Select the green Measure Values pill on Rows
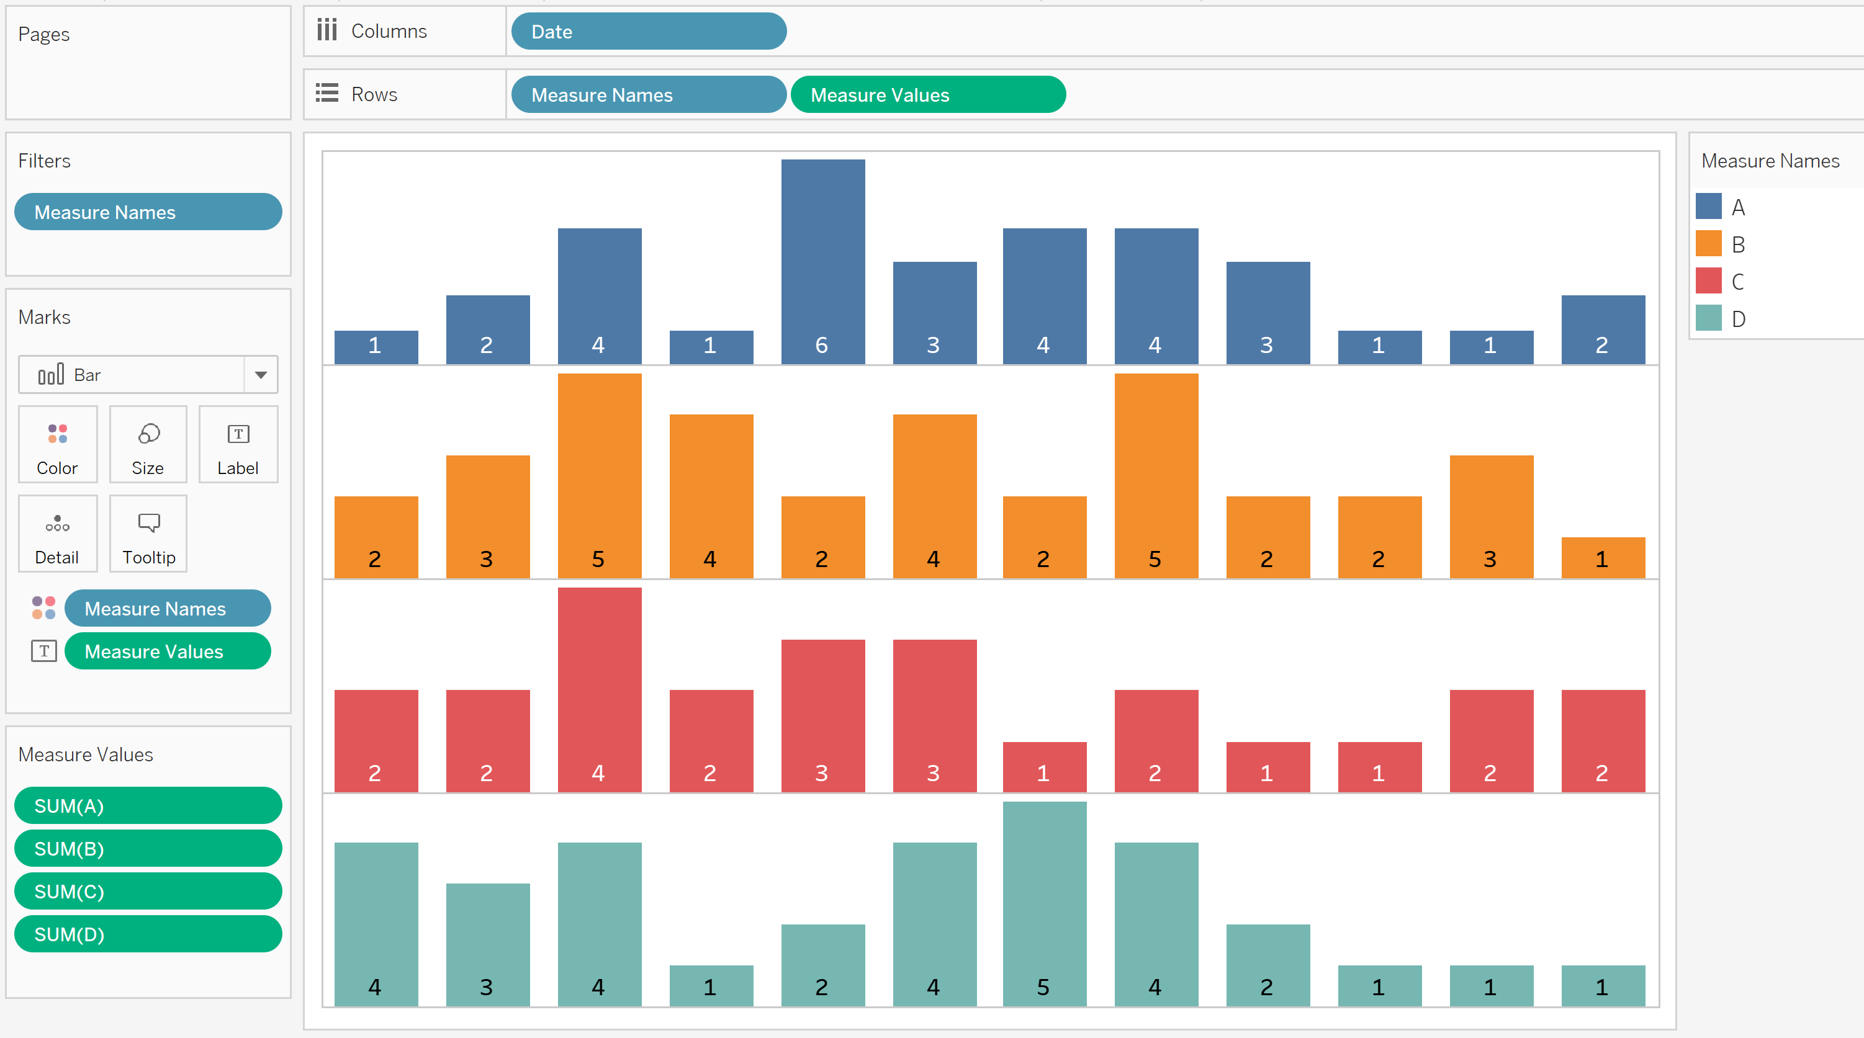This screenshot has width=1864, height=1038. (x=928, y=95)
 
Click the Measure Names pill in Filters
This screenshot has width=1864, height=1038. (x=148, y=212)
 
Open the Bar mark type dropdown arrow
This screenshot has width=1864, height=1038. (x=261, y=375)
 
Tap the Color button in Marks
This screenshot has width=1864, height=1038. (x=57, y=444)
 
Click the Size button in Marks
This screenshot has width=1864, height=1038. (x=148, y=444)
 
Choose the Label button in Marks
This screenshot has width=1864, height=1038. (x=238, y=444)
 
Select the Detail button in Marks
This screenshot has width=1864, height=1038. (x=57, y=534)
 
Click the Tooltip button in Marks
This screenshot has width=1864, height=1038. (x=148, y=534)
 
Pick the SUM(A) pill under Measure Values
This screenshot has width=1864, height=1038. (x=148, y=806)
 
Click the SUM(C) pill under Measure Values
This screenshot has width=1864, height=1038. (x=148, y=891)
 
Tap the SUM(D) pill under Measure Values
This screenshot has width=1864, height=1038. (x=148, y=934)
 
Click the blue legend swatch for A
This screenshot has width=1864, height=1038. (x=1708, y=207)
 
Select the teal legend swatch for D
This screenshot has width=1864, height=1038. (x=1708, y=318)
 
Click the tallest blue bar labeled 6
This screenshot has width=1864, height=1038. (x=822, y=261)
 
